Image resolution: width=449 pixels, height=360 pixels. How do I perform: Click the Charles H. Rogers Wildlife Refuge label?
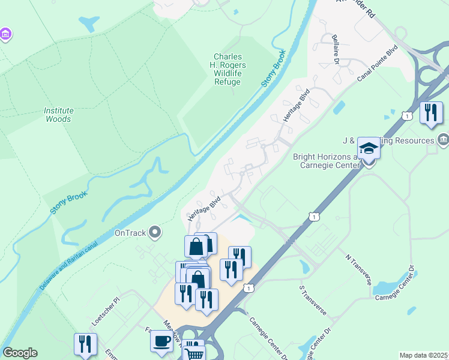tap(228, 65)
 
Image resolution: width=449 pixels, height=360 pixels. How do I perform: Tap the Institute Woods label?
tap(58, 115)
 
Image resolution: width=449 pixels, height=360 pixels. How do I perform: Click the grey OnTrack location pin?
tap(155, 232)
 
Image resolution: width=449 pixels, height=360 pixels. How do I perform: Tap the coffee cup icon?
tap(161, 341)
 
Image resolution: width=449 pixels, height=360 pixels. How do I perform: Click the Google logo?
tap(20, 353)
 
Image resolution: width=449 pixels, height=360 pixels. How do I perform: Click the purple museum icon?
tap(5, 35)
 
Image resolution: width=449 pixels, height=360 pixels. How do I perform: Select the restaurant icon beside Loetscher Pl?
tap(85, 344)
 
